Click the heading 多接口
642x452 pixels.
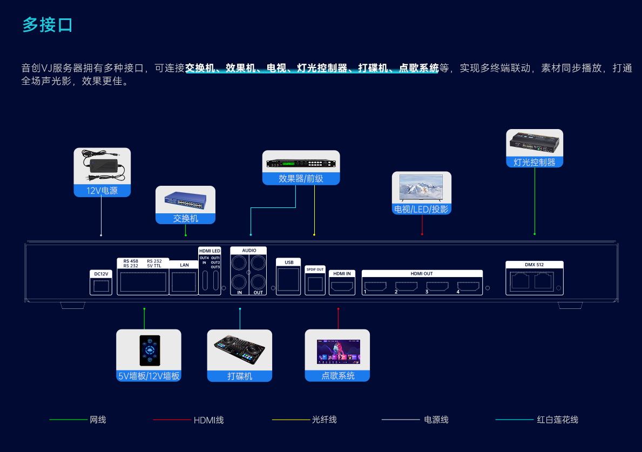48,25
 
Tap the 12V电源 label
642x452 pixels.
102,191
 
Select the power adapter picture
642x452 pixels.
102,165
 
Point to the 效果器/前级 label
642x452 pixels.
301,179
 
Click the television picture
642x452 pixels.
421,188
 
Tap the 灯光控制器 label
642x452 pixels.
534,162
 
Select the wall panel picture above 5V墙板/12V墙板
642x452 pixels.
149,349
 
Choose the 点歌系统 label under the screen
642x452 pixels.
337,376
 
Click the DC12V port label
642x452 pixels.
101,274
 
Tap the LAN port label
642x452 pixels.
184,265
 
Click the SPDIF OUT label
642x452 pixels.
315,269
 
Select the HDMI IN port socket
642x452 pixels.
342,286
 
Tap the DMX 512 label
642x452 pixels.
534,265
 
